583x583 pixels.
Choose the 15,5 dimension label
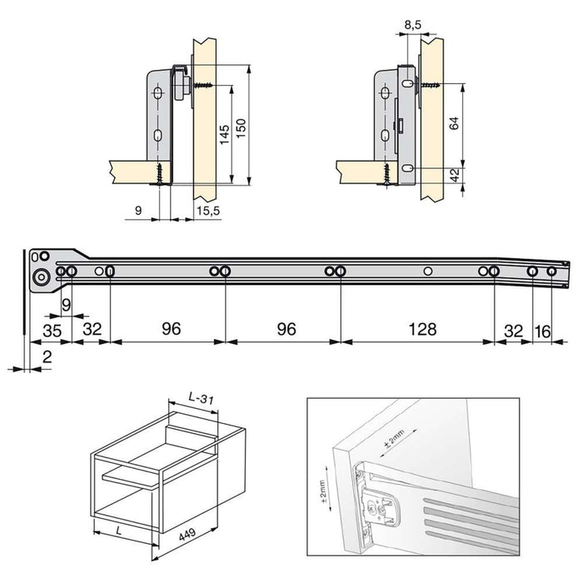(x=208, y=212)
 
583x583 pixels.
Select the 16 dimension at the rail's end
(x=542, y=331)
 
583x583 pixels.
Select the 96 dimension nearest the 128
(x=286, y=329)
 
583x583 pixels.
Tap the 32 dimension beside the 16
(x=512, y=331)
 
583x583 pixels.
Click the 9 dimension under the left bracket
(x=137, y=212)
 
